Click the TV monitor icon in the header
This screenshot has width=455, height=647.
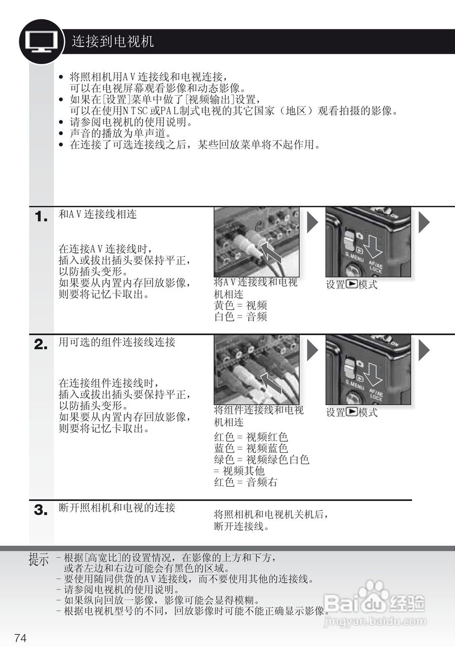pyautogui.click(x=41, y=41)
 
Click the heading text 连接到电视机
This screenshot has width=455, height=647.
pyautogui.click(x=112, y=41)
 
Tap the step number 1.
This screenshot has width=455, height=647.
pyautogui.click(x=41, y=217)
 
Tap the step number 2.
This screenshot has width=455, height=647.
pyautogui.click(x=41, y=345)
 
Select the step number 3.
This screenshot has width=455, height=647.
pyautogui.click(x=41, y=510)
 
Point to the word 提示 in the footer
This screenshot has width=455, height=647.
pyautogui.click(x=39, y=560)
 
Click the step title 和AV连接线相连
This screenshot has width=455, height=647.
pyautogui.click(x=98, y=214)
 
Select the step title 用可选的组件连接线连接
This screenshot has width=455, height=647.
pyautogui.click(x=117, y=342)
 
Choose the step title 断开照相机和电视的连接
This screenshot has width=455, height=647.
pyautogui.click(x=117, y=507)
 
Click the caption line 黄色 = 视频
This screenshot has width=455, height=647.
pyautogui.click(x=241, y=305)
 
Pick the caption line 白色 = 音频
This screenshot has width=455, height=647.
pyautogui.click(x=241, y=317)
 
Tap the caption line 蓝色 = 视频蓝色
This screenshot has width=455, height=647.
pyautogui.click(x=251, y=448)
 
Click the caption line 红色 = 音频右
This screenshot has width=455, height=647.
pyautogui.click(x=246, y=482)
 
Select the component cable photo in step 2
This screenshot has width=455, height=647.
pyautogui.click(x=257, y=369)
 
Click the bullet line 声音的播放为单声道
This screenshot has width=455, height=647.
pyautogui.click(x=120, y=133)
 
